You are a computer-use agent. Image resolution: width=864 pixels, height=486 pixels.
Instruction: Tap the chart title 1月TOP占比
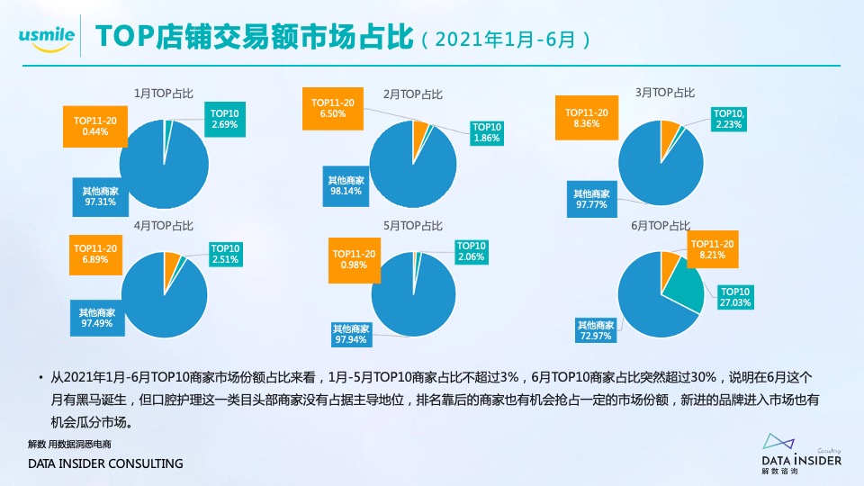point(164,93)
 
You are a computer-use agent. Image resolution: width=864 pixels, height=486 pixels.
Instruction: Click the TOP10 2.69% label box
point(224,119)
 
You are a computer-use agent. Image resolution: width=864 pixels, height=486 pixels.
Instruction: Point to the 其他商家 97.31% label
point(100,196)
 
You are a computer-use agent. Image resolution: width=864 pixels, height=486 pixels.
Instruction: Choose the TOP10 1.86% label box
point(487,132)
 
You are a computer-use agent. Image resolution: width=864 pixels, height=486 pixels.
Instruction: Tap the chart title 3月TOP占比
point(665,92)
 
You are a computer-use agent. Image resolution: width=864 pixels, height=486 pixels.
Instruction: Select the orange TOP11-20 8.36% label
point(587,118)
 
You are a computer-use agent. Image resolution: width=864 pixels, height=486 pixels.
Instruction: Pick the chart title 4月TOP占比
point(164,225)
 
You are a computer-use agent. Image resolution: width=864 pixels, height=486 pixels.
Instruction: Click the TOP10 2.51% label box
point(225,255)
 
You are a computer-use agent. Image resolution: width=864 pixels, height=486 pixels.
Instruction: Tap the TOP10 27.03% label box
point(735,298)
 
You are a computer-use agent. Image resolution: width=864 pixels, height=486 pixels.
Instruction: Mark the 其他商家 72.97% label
point(596,330)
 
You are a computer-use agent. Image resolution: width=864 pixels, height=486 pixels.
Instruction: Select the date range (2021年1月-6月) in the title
point(508,40)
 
